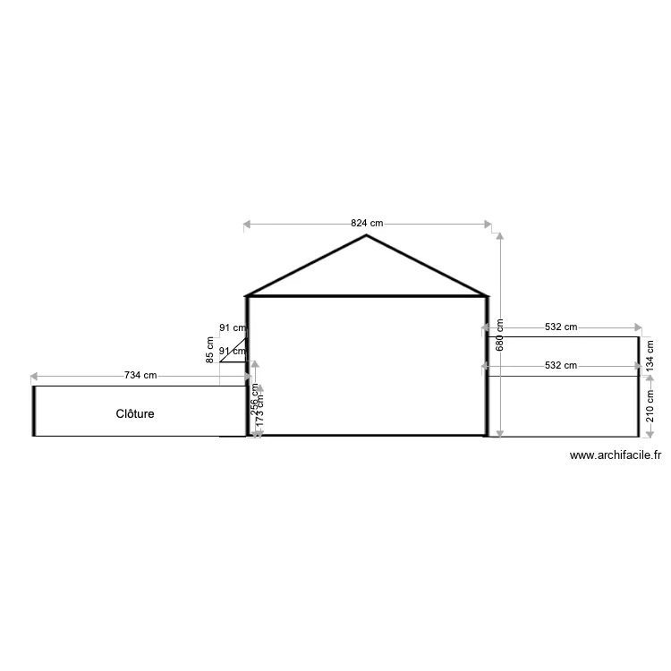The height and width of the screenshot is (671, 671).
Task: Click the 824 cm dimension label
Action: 367,224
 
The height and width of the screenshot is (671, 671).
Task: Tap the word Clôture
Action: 135,414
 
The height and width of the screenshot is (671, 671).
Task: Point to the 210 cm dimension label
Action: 650,405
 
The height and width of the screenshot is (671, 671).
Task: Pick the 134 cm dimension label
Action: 650,355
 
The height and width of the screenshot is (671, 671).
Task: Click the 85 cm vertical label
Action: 209,349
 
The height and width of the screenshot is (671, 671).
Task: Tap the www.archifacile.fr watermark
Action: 616,455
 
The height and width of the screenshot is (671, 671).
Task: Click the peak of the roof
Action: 367,236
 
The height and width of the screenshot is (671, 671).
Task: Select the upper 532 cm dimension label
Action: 561,327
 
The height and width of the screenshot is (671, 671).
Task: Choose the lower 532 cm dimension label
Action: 561,365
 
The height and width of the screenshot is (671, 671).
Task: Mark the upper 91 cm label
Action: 232,328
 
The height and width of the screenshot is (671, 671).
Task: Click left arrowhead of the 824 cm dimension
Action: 247,224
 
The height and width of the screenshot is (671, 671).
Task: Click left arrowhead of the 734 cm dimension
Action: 34,376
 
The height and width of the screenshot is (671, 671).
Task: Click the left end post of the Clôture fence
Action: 34,411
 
